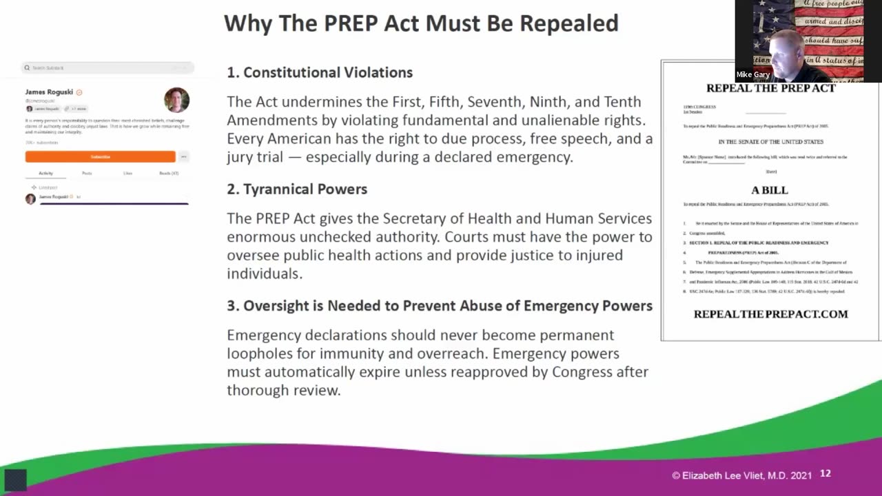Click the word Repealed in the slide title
pos(568,23)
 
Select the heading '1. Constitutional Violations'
pos(320,72)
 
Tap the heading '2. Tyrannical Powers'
pos(298,189)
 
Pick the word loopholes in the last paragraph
pos(259,353)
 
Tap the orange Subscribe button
pos(101,156)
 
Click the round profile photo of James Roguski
pos(176,100)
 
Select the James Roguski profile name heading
pos(49,92)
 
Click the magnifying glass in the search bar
pos(27,68)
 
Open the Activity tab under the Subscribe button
pos(45,173)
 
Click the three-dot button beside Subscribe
pos(183,156)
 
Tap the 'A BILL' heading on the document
pos(769,190)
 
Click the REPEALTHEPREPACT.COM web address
pos(770,314)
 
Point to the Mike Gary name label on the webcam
pos(752,74)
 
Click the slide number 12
pos(825,474)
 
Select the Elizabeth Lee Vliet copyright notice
pos(741,475)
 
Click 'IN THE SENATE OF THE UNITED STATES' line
pos(770,142)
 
